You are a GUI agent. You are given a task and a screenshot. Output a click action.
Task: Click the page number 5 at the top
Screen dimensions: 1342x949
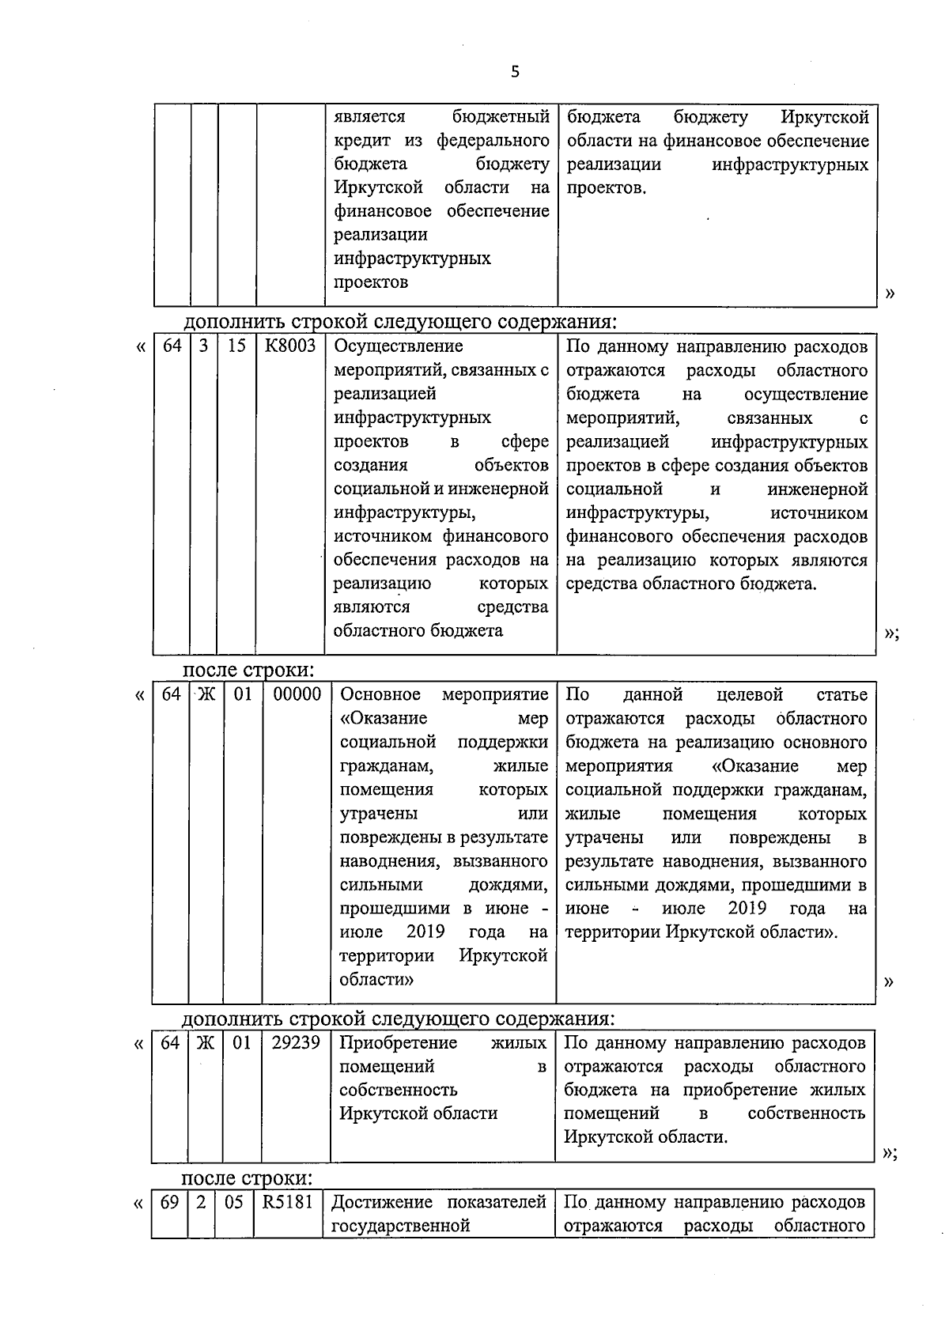point(515,73)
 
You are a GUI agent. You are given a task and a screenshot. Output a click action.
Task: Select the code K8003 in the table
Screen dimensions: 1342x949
point(290,346)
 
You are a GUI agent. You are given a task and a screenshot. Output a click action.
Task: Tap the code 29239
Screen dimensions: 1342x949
point(295,1042)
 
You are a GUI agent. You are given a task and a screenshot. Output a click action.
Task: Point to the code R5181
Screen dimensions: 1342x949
point(288,1203)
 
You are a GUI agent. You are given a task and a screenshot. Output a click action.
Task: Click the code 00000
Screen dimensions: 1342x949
point(297,694)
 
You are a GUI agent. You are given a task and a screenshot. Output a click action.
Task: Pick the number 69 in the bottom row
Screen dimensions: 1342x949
point(169,1203)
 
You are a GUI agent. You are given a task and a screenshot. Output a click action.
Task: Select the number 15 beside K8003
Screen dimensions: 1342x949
point(236,346)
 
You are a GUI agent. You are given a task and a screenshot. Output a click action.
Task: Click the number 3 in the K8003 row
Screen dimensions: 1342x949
point(203,346)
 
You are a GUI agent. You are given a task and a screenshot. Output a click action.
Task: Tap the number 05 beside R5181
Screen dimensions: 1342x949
point(233,1203)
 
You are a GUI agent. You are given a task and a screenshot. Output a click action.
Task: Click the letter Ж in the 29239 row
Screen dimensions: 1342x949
point(205,1042)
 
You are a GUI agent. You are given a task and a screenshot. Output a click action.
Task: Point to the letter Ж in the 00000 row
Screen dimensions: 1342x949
point(206,694)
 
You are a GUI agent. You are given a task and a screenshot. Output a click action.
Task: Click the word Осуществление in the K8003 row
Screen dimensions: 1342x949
point(399,346)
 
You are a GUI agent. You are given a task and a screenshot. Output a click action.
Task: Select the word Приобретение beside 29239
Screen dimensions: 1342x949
point(398,1042)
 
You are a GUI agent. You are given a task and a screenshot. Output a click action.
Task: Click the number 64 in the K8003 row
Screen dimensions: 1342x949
point(172,346)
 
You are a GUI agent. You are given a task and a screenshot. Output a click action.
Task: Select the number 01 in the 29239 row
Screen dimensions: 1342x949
point(241,1042)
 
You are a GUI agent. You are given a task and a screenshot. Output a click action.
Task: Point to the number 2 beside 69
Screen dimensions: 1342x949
point(201,1203)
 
